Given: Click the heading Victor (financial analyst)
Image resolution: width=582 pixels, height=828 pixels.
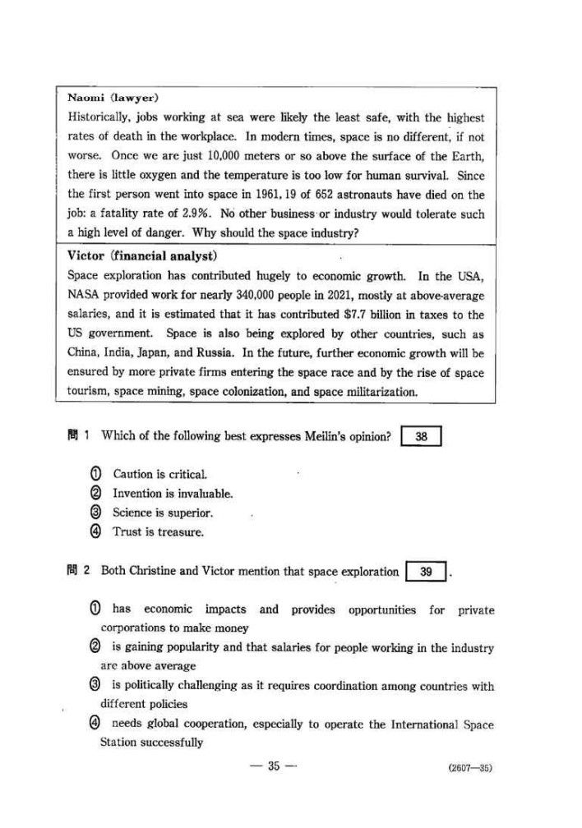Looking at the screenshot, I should click(136, 255).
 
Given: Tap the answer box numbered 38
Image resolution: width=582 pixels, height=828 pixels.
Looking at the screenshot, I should click(421, 437).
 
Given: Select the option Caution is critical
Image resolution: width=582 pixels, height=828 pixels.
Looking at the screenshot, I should click(159, 474).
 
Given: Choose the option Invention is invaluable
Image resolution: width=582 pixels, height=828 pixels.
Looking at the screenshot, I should click(173, 494).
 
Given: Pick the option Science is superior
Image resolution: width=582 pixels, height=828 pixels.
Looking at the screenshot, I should click(163, 513).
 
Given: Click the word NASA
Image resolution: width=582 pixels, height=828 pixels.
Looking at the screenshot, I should click(84, 295).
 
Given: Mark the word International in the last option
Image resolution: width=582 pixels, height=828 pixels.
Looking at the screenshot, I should click(410, 724).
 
